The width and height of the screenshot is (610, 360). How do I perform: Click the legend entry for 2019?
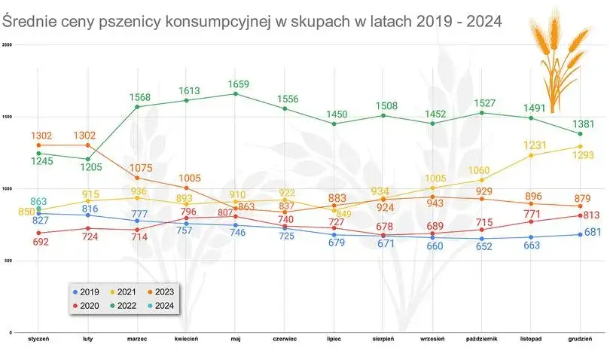click(x=88, y=291)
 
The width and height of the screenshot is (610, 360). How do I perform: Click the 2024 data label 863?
click(x=38, y=201)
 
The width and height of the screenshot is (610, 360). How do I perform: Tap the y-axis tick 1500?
click(x=8, y=117)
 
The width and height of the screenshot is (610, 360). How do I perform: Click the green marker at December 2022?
click(x=580, y=134)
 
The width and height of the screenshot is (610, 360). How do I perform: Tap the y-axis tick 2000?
click(x=8, y=44)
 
